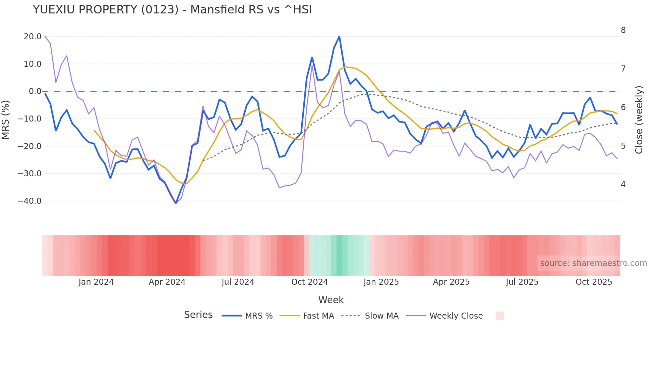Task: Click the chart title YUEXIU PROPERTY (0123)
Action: tap(172, 10)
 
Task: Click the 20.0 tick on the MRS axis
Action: tap(33, 36)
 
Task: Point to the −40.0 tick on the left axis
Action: tap(29, 201)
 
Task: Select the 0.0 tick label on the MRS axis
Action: tap(35, 91)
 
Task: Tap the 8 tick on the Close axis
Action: tap(623, 30)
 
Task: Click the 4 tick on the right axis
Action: tap(623, 184)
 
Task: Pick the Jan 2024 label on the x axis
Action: tap(96, 282)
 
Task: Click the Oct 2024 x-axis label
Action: tap(309, 282)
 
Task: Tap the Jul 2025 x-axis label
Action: tap(522, 282)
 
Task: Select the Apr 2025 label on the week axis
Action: tap(451, 282)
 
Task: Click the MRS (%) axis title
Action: tap(6, 120)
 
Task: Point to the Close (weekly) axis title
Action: tap(639, 120)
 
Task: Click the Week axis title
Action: tap(331, 300)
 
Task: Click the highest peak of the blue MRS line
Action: tap(339, 36)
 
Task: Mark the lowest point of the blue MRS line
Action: tap(176, 203)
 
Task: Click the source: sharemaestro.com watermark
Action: tap(593, 263)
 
